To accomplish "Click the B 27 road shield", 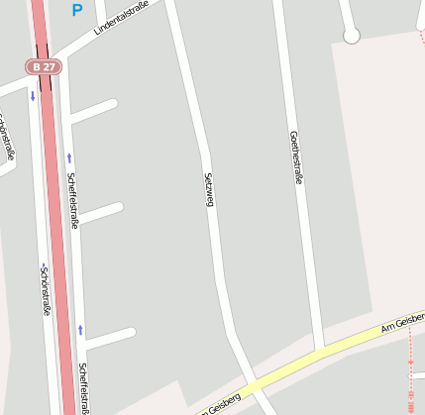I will pos(44,66).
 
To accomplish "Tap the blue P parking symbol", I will pos(77,11).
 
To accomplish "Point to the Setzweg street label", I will pos(209,188).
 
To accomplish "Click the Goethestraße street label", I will pos(294,157).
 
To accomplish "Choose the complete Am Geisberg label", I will pos(403,322).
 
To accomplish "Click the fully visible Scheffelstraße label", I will pos(72,200).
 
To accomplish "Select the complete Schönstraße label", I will pos(45,290).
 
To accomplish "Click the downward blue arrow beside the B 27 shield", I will pos(33,96).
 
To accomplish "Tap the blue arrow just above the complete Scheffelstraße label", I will pos(69,157).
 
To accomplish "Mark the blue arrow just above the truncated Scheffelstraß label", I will pos(80,329).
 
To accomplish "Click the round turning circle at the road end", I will pos(351,36).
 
